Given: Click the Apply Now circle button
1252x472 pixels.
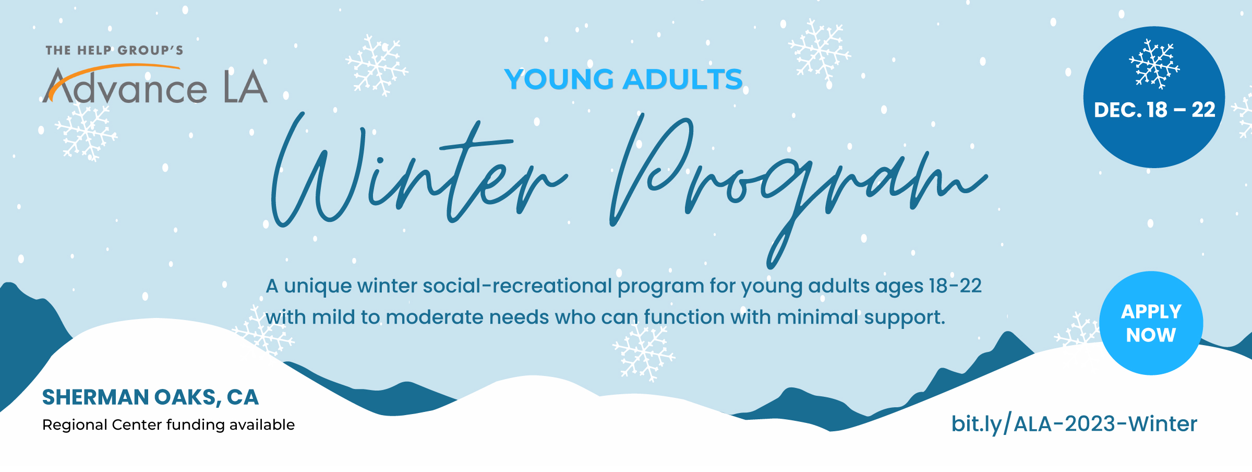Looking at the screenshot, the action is click(1151, 323).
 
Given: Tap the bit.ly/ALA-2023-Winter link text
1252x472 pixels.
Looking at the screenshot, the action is click(1074, 424).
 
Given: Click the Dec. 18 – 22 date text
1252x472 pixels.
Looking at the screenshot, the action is click(1154, 110).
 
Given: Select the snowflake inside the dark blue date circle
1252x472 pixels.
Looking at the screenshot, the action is click(1154, 64).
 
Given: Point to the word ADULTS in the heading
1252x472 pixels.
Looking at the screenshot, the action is click(683, 79).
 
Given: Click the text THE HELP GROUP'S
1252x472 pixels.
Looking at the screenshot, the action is click(114, 51).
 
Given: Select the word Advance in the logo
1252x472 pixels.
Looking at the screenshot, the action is click(125, 86).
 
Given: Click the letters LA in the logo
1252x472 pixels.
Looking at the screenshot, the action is click(245, 87).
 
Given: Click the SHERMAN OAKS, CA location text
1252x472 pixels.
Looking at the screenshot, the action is click(150, 397).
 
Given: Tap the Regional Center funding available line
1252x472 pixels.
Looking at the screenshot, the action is click(168, 425).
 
